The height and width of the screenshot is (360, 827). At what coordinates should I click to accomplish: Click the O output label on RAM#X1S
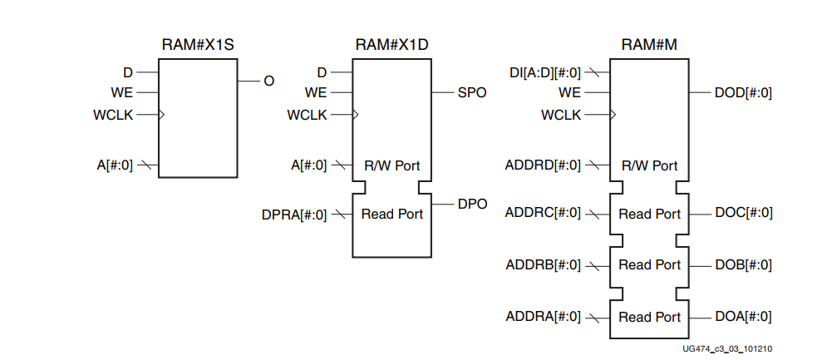tap(268, 81)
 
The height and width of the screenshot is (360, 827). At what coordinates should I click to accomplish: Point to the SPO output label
tap(471, 92)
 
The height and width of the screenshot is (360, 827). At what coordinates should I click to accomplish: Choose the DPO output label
tap(471, 203)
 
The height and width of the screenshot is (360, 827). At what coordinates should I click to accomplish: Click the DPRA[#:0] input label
tap(294, 215)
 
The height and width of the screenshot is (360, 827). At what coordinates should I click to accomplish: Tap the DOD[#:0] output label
tap(743, 92)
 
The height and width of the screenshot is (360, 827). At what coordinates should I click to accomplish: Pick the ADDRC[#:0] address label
tap(543, 214)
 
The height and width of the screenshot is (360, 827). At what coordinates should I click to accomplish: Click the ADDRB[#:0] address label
tap(543, 265)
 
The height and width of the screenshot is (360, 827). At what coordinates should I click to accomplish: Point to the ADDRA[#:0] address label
tap(543, 317)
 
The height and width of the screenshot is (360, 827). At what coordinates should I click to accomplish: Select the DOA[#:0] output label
tap(743, 317)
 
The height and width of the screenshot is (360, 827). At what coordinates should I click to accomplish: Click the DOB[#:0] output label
tap(743, 265)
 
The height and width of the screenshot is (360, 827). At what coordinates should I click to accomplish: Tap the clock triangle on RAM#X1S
tap(161, 115)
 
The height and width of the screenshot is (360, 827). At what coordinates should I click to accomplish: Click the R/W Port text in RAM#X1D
tap(391, 165)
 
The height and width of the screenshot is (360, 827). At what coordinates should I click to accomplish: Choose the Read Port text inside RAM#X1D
tap(391, 215)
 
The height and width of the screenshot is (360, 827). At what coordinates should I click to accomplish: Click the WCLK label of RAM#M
tap(561, 115)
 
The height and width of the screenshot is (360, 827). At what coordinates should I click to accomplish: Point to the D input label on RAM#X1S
tap(128, 72)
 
